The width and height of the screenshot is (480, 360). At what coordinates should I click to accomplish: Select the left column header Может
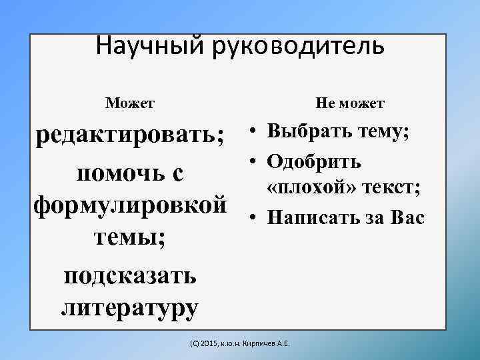130,103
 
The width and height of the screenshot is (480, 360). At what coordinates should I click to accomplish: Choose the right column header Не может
350,103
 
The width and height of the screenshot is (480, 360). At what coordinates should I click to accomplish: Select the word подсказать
130,274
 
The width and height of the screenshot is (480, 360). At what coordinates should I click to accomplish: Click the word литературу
130,307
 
